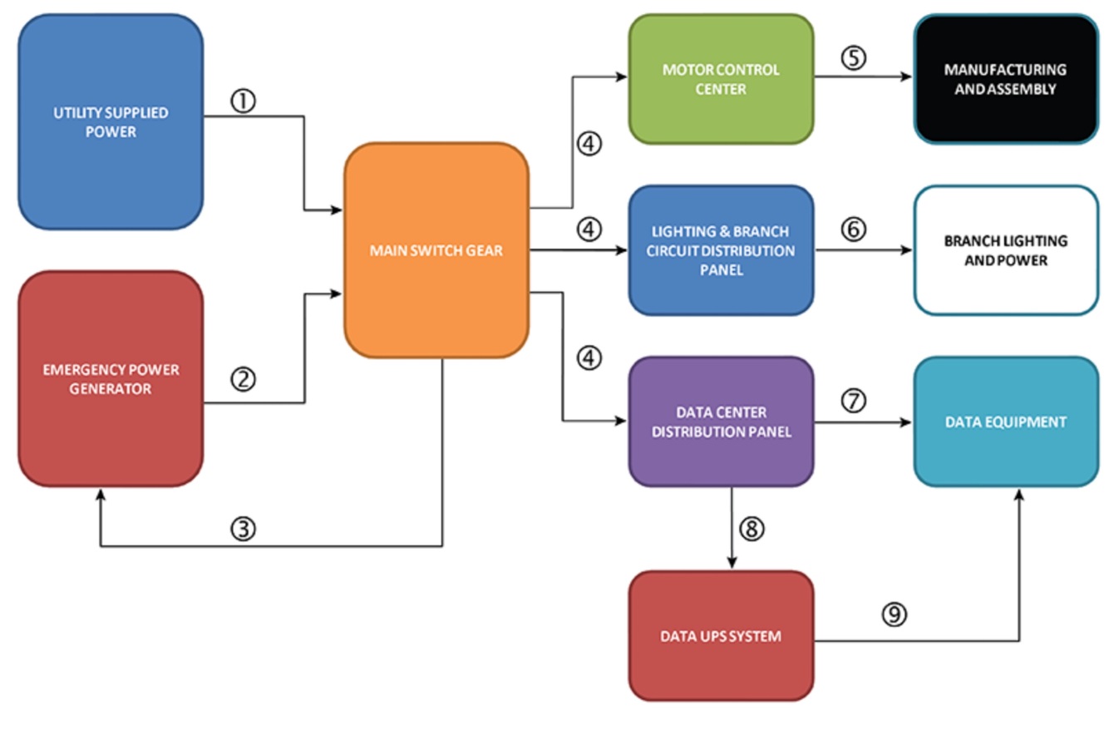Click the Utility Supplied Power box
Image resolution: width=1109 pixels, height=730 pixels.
(x=110, y=121)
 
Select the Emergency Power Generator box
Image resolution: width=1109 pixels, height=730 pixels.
(x=110, y=378)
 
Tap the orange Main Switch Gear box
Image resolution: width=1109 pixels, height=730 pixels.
(x=436, y=249)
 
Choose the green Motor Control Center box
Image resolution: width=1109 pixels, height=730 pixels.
(x=721, y=79)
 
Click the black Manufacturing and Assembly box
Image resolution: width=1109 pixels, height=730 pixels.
(x=1006, y=79)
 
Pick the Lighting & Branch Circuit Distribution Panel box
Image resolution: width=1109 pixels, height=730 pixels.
(x=721, y=250)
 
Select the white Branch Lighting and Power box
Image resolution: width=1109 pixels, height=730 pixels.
(x=1006, y=250)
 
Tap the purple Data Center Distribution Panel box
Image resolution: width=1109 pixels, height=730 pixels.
(x=721, y=422)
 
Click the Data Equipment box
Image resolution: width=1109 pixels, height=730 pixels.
(x=1006, y=422)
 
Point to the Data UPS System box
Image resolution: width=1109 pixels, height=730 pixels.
(x=721, y=636)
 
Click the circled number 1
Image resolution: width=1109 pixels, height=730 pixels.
(x=243, y=101)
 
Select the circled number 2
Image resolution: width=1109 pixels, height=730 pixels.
(x=243, y=380)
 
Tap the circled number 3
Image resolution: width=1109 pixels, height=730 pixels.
(x=243, y=530)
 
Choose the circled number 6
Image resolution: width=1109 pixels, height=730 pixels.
(x=854, y=229)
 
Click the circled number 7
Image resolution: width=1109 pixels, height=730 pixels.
(x=854, y=401)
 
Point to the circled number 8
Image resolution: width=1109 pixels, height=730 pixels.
(x=751, y=530)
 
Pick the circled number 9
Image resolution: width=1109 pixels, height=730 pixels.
(x=895, y=615)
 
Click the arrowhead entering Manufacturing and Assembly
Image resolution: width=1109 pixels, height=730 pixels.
(x=908, y=78)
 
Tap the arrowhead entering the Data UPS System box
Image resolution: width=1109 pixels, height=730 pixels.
(x=732, y=565)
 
